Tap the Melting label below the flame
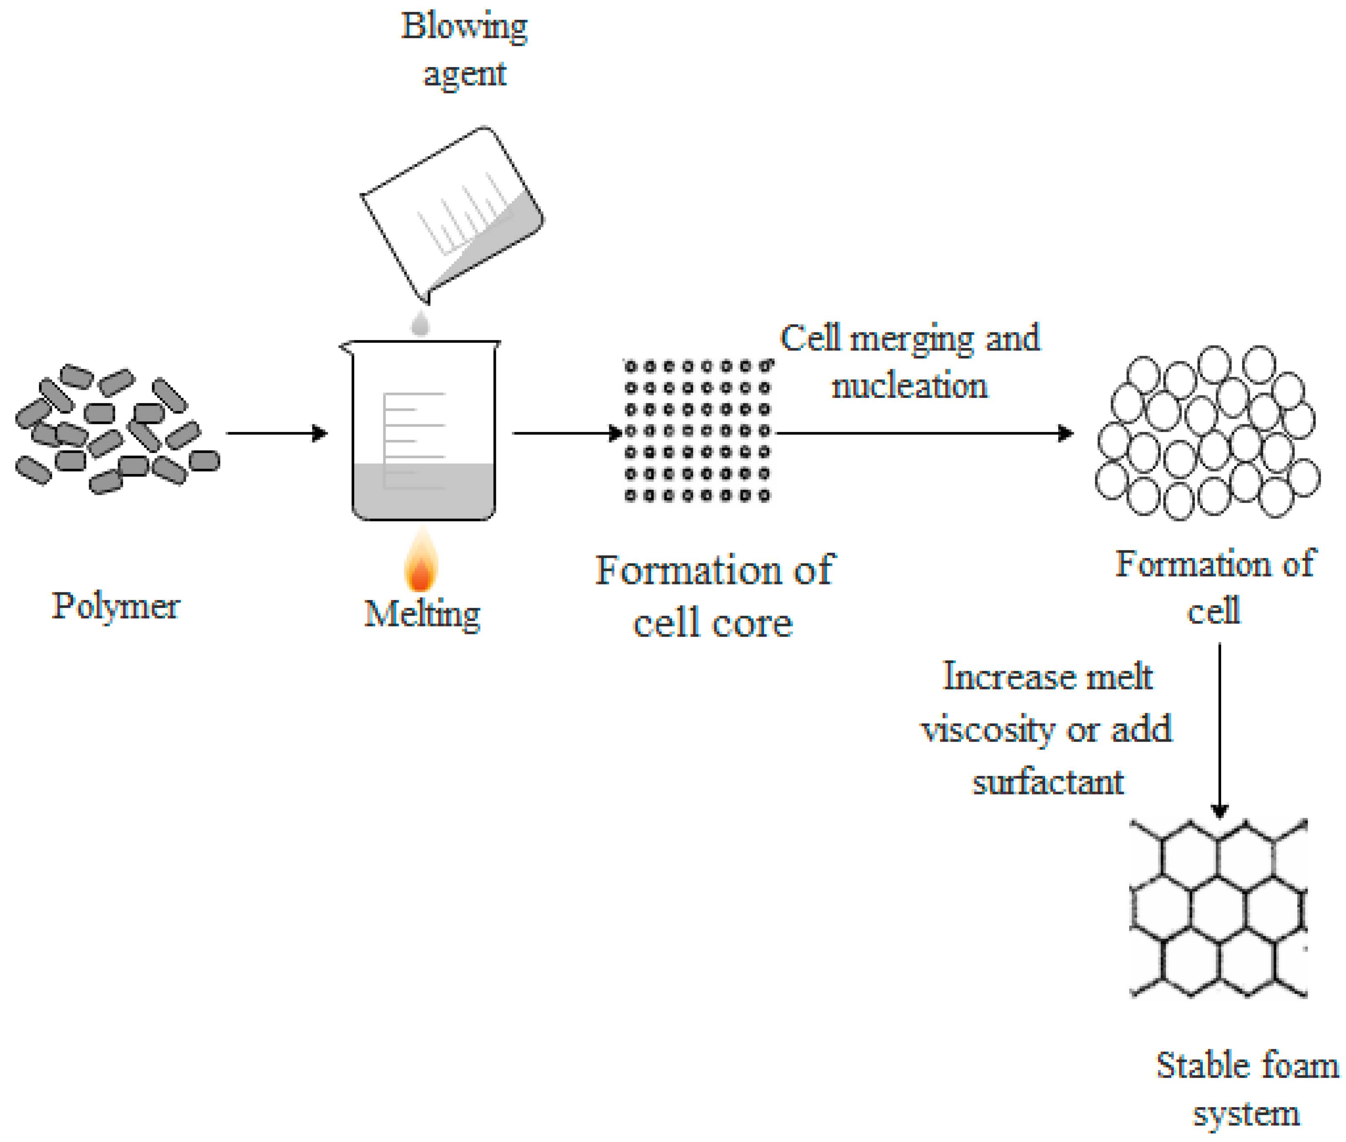422,614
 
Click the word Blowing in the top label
464,27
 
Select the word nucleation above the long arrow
909,386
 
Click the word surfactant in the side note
1048,782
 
